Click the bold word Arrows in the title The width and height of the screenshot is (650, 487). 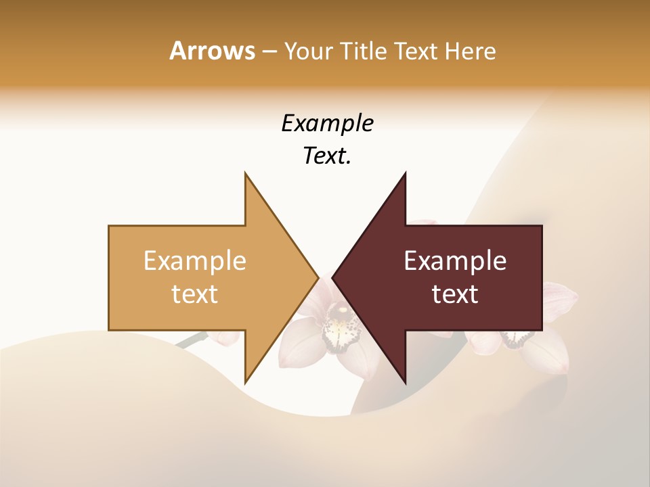coord(212,51)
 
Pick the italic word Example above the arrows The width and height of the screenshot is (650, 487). coord(327,123)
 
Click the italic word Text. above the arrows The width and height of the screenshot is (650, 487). coord(327,156)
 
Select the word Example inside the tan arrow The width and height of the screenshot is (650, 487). coord(195,261)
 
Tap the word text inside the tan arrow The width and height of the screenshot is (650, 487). coord(195,294)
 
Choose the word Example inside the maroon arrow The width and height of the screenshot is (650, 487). coord(455,261)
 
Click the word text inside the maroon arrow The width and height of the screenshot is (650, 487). coord(455,294)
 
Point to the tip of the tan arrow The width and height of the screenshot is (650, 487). coord(318,277)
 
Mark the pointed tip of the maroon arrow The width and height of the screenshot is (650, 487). coord(333,277)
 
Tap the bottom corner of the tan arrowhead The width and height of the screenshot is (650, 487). coord(246,381)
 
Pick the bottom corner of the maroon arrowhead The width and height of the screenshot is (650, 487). coord(405,381)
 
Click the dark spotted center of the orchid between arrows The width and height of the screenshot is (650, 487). coord(341,325)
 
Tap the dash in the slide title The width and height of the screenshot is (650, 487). coord(269,51)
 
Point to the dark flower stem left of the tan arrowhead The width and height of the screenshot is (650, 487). coord(193,339)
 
